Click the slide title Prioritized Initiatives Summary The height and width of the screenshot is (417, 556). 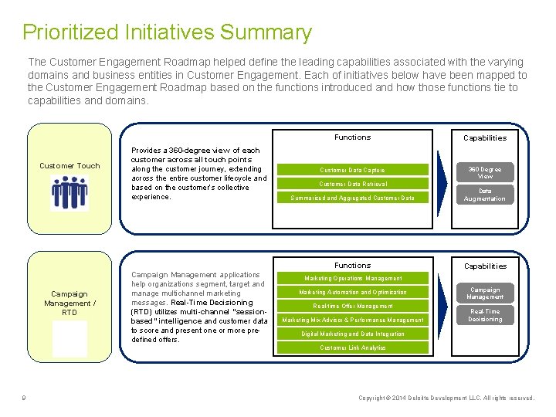[167, 32]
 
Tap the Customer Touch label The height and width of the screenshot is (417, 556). [69, 165]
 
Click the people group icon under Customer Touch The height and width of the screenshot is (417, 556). [69, 192]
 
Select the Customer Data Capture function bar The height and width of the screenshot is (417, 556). [352, 170]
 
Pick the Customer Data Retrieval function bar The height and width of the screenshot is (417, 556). [352, 184]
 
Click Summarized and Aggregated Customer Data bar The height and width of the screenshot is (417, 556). [352, 198]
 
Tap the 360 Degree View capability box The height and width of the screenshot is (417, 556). [485, 173]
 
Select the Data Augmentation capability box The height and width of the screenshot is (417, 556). [485, 195]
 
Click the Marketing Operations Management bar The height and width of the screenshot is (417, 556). [352, 278]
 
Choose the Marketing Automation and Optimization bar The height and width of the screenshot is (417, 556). [352, 292]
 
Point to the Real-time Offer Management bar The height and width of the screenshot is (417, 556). [352, 306]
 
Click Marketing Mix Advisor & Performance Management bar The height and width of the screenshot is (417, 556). [352, 320]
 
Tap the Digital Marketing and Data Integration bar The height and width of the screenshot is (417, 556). [352, 334]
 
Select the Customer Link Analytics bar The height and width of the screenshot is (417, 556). [352, 347]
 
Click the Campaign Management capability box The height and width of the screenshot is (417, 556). [485, 293]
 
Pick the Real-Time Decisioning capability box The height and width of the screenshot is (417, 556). [485, 315]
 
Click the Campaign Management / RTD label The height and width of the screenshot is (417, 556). [69, 303]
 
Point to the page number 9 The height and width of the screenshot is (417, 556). [25, 398]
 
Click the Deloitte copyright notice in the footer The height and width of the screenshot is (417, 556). [446, 398]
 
